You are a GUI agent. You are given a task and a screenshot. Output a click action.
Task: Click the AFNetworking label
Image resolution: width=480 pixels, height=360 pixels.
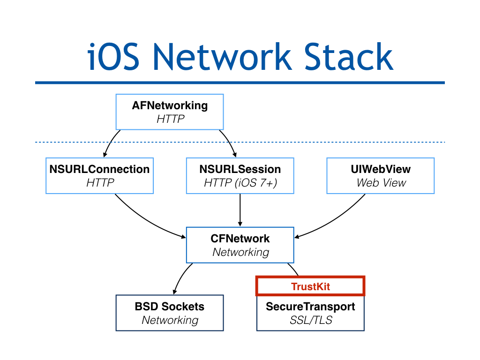(x=170, y=105)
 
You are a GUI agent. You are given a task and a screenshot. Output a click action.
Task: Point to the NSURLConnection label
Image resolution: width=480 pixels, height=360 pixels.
(x=99, y=169)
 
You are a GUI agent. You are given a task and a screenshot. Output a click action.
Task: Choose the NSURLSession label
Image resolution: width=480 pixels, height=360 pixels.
(x=240, y=169)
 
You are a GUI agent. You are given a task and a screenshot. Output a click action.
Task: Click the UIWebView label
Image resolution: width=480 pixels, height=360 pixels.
(x=381, y=169)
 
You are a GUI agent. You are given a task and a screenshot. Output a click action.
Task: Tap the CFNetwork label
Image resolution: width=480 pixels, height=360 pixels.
(x=240, y=239)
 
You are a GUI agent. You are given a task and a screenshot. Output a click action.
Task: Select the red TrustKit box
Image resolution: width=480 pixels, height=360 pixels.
(x=310, y=286)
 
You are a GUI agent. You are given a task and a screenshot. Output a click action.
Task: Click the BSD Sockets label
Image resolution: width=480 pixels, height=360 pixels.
(x=170, y=307)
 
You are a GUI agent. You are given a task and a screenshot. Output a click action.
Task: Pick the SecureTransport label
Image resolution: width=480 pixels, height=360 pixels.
(x=310, y=307)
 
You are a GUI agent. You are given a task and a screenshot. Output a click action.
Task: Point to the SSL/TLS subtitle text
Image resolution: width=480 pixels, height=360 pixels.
(x=310, y=321)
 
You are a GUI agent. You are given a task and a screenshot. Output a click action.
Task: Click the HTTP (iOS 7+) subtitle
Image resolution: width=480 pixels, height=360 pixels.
(x=240, y=183)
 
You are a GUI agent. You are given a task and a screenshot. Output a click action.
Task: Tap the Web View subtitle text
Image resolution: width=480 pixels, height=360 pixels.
(x=381, y=183)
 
